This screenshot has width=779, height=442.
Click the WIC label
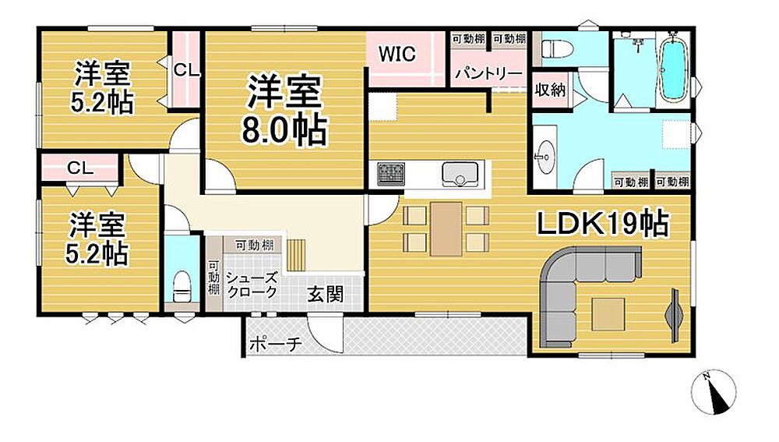click(x=397, y=55)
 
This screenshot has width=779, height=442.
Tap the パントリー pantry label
click(x=489, y=73)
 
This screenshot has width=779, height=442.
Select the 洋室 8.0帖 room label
click(x=284, y=109)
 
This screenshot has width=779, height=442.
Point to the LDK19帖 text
click(x=603, y=224)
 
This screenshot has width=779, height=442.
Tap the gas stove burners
click(x=390, y=174)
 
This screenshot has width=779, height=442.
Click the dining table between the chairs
click(x=446, y=228)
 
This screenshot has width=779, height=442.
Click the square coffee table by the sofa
click(x=608, y=313)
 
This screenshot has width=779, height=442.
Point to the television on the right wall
click(x=675, y=315)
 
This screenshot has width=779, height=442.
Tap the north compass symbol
click(x=714, y=393)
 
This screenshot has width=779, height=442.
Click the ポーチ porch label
click(x=275, y=344)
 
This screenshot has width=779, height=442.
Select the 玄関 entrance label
click(x=326, y=295)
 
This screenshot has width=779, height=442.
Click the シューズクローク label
click(x=252, y=285)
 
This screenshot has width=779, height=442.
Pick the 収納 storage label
click(x=550, y=90)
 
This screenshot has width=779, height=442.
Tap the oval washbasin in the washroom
click(x=545, y=157)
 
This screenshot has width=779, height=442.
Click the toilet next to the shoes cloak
click(x=182, y=287)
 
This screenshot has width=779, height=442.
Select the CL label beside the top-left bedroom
click(x=186, y=71)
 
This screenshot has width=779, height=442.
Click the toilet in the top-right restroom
click(x=556, y=49)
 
